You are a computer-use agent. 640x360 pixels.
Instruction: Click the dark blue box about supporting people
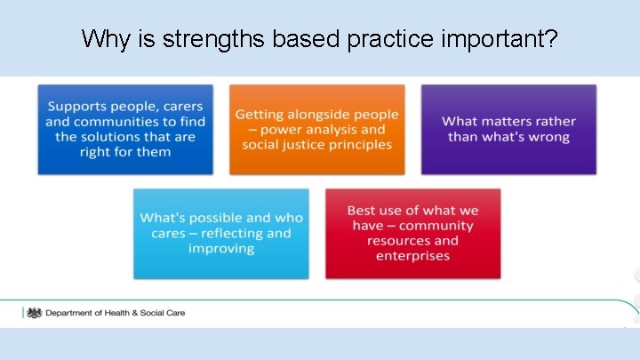click(x=125, y=129)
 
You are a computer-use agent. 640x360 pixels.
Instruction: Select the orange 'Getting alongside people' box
click(x=316, y=129)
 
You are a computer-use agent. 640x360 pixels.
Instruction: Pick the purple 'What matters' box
click(x=508, y=129)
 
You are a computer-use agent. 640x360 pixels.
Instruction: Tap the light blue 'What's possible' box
click(x=221, y=233)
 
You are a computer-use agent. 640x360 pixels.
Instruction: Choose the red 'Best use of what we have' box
click(x=412, y=233)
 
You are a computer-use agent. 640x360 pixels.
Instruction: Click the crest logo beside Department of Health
click(x=35, y=313)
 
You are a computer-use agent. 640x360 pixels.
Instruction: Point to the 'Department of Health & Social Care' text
click(x=115, y=313)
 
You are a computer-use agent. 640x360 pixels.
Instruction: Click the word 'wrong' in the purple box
click(x=548, y=137)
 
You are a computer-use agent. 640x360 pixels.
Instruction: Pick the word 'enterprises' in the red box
click(x=412, y=256)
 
